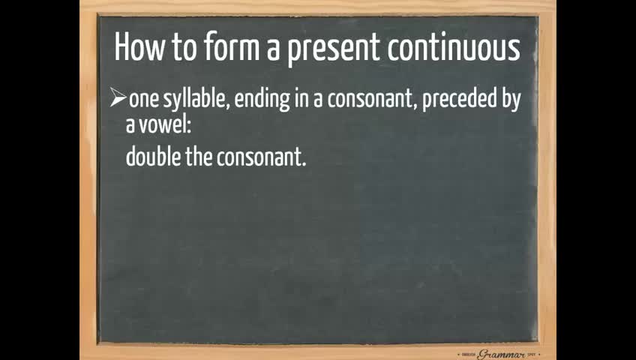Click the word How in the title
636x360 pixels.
140,47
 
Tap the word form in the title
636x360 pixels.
232,47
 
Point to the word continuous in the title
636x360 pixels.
454,47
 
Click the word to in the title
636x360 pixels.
184,47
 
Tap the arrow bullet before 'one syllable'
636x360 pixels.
118,98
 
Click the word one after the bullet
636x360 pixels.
144,100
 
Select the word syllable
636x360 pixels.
196,100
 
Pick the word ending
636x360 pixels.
262,100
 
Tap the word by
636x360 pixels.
511,100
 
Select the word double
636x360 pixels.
153,157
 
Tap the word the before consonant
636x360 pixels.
199,157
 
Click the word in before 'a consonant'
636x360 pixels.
301,100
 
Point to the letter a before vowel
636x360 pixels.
130,127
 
